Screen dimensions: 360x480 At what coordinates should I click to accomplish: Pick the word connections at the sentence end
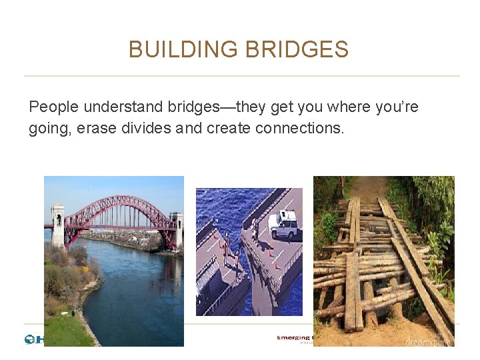click(x=299, y=128)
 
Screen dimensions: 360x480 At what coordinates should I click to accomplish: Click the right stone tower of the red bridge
click(x=176, y=227)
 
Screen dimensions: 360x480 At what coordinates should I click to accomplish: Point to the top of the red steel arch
click(x=117, y=198)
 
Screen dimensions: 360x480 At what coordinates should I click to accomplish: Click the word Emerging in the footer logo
click(x=294, y=339)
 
